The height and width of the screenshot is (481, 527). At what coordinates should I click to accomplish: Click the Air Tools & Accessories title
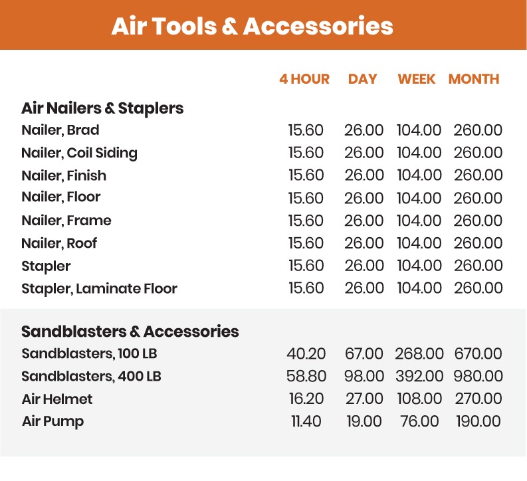(252, 26)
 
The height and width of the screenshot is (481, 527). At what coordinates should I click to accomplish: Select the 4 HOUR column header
(304, 79)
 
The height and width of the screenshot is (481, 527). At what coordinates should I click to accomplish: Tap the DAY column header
(362, 79)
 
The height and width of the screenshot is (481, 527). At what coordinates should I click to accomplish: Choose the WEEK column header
(417, 79)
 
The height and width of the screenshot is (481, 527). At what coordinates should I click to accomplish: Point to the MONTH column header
(473, 79)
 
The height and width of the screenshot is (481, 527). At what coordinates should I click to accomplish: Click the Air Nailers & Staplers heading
(102, 108)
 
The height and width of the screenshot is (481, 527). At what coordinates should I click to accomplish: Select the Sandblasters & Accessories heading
(130, 331)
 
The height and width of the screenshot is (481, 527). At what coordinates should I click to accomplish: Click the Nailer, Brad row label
(60, 130)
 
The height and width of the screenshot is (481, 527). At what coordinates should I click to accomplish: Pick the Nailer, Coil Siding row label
(79, 153)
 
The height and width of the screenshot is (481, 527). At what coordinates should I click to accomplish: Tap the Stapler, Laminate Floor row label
(99, 288)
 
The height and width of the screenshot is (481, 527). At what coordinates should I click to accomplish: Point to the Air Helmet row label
(57, 399)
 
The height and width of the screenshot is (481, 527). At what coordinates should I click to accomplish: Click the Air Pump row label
(53, 421)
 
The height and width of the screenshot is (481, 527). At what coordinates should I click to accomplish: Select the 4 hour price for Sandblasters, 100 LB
(306, 353)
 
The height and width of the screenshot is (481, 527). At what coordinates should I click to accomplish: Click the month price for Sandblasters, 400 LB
(478, 376)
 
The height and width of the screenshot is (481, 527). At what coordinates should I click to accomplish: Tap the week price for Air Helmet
(419, 399)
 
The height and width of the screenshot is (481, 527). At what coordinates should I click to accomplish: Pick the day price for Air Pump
(364, 421)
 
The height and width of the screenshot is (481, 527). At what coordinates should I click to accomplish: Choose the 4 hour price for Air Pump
(306, 421)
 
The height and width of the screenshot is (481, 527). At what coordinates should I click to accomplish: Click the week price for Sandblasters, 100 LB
(419, 353)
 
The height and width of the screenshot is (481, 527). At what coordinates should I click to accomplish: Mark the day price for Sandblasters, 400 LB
(364, 376)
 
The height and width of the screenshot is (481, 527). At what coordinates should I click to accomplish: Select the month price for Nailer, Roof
(478, 243)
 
